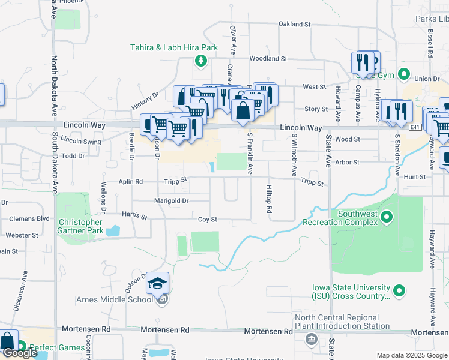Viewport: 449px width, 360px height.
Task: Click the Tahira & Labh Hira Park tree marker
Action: pyautogui.click(x=200, y=60)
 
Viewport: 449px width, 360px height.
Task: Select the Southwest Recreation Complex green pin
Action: pyautogui.click(x=387, y=217)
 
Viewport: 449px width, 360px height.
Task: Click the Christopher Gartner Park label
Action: pyautogui.click(x=84, y=226)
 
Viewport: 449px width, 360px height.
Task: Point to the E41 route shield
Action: pyautogui.click(x=415, y=127)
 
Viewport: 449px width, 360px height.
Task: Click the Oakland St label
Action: pyautogui.click(x=294, y=25)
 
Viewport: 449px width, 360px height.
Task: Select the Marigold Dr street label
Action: pyautogui.click(x=172, y=201)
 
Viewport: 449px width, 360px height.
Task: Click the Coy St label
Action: pyautogui.click(x=207, y=220)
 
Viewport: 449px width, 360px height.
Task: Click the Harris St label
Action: pyautogui.click(x=134, y=214)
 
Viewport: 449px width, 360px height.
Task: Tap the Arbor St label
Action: pyautogui.click(x=348, y=162)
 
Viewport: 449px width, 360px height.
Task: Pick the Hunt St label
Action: pyautogui.click(x=415, y=177)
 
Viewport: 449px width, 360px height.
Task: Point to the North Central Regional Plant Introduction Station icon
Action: pyautogui.click(x=311, y=340)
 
